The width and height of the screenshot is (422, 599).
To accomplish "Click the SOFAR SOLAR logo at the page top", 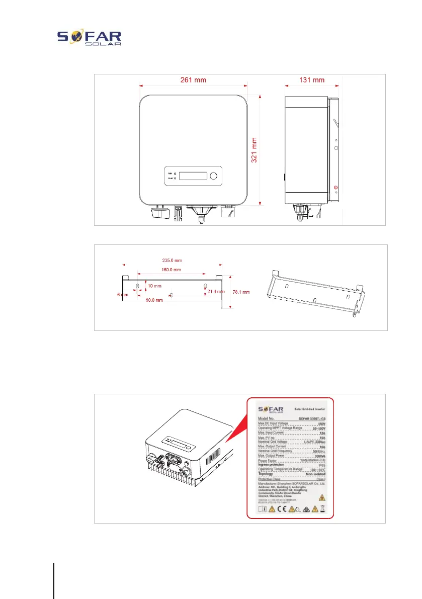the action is (x=90, y=39).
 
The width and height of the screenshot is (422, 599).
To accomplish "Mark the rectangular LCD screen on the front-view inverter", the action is (x=193, y=176).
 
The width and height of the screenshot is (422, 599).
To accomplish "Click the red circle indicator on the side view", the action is (x=336, y=188).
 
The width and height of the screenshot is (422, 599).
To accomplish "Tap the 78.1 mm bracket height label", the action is (x=240, y=292).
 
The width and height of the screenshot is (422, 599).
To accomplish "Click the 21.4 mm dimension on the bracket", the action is (x=216, y=292).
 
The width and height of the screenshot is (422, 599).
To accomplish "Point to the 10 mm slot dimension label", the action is (x=154, y=286).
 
